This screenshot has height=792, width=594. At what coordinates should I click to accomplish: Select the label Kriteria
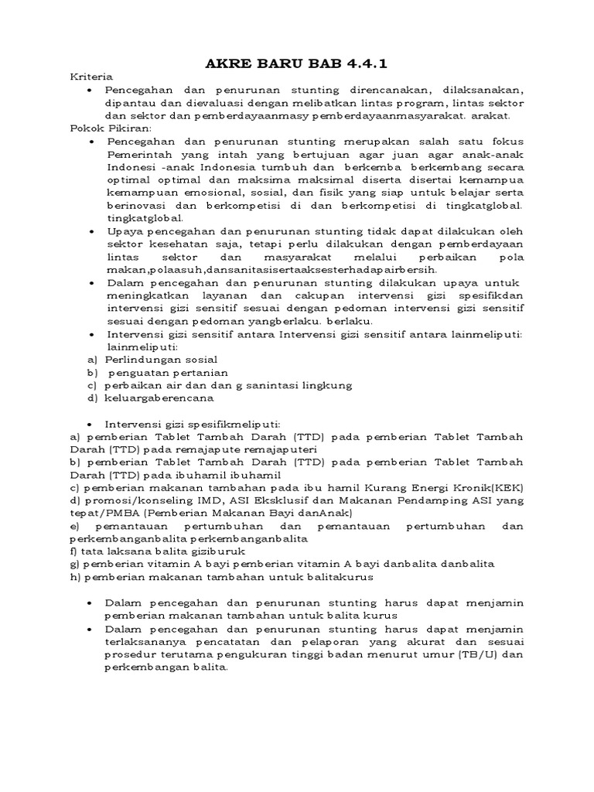tap(91, 77)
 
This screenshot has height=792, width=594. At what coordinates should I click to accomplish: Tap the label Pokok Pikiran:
tap(111, 128)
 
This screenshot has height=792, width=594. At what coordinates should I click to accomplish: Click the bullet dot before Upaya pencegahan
tap(92, 231)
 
